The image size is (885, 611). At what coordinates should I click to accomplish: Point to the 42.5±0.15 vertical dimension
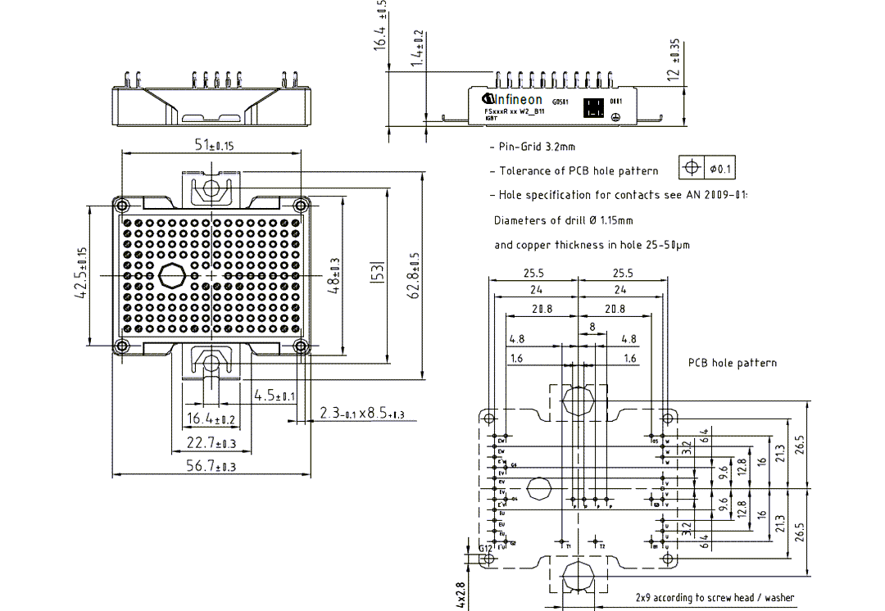(x=81, y=274)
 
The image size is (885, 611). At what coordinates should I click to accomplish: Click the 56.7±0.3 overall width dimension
(x=211, y=466)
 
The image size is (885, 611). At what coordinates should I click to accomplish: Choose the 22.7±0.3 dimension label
(x=211, y=443)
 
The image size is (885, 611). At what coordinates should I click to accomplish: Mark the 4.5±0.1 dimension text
(x=275, y=396)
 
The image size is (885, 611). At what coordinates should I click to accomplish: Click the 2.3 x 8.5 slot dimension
(x=362, y=414)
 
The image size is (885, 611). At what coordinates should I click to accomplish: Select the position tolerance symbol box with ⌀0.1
(x=707, y=168)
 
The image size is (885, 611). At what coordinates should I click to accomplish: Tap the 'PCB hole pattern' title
(x=733, y=362)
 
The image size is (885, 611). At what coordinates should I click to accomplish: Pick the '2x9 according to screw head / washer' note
(x=715, y=598)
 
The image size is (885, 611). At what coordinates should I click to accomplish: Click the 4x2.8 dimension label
(x=461, y=595)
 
